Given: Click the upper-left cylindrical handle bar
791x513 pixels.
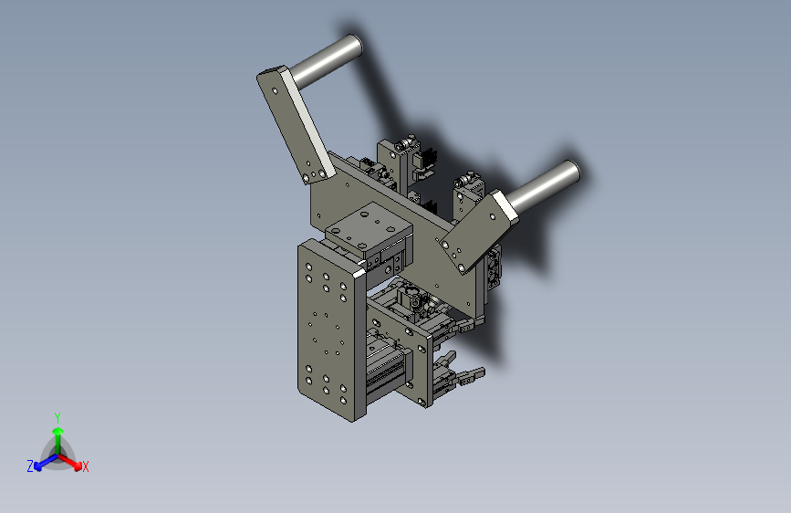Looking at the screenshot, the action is point(327,59).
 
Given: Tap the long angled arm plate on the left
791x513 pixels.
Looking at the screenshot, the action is point(295,124).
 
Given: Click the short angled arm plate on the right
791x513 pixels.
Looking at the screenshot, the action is point(477,231).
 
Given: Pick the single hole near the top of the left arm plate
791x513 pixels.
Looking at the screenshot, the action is point(275,91).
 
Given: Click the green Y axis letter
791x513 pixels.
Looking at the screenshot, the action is point(57,417).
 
